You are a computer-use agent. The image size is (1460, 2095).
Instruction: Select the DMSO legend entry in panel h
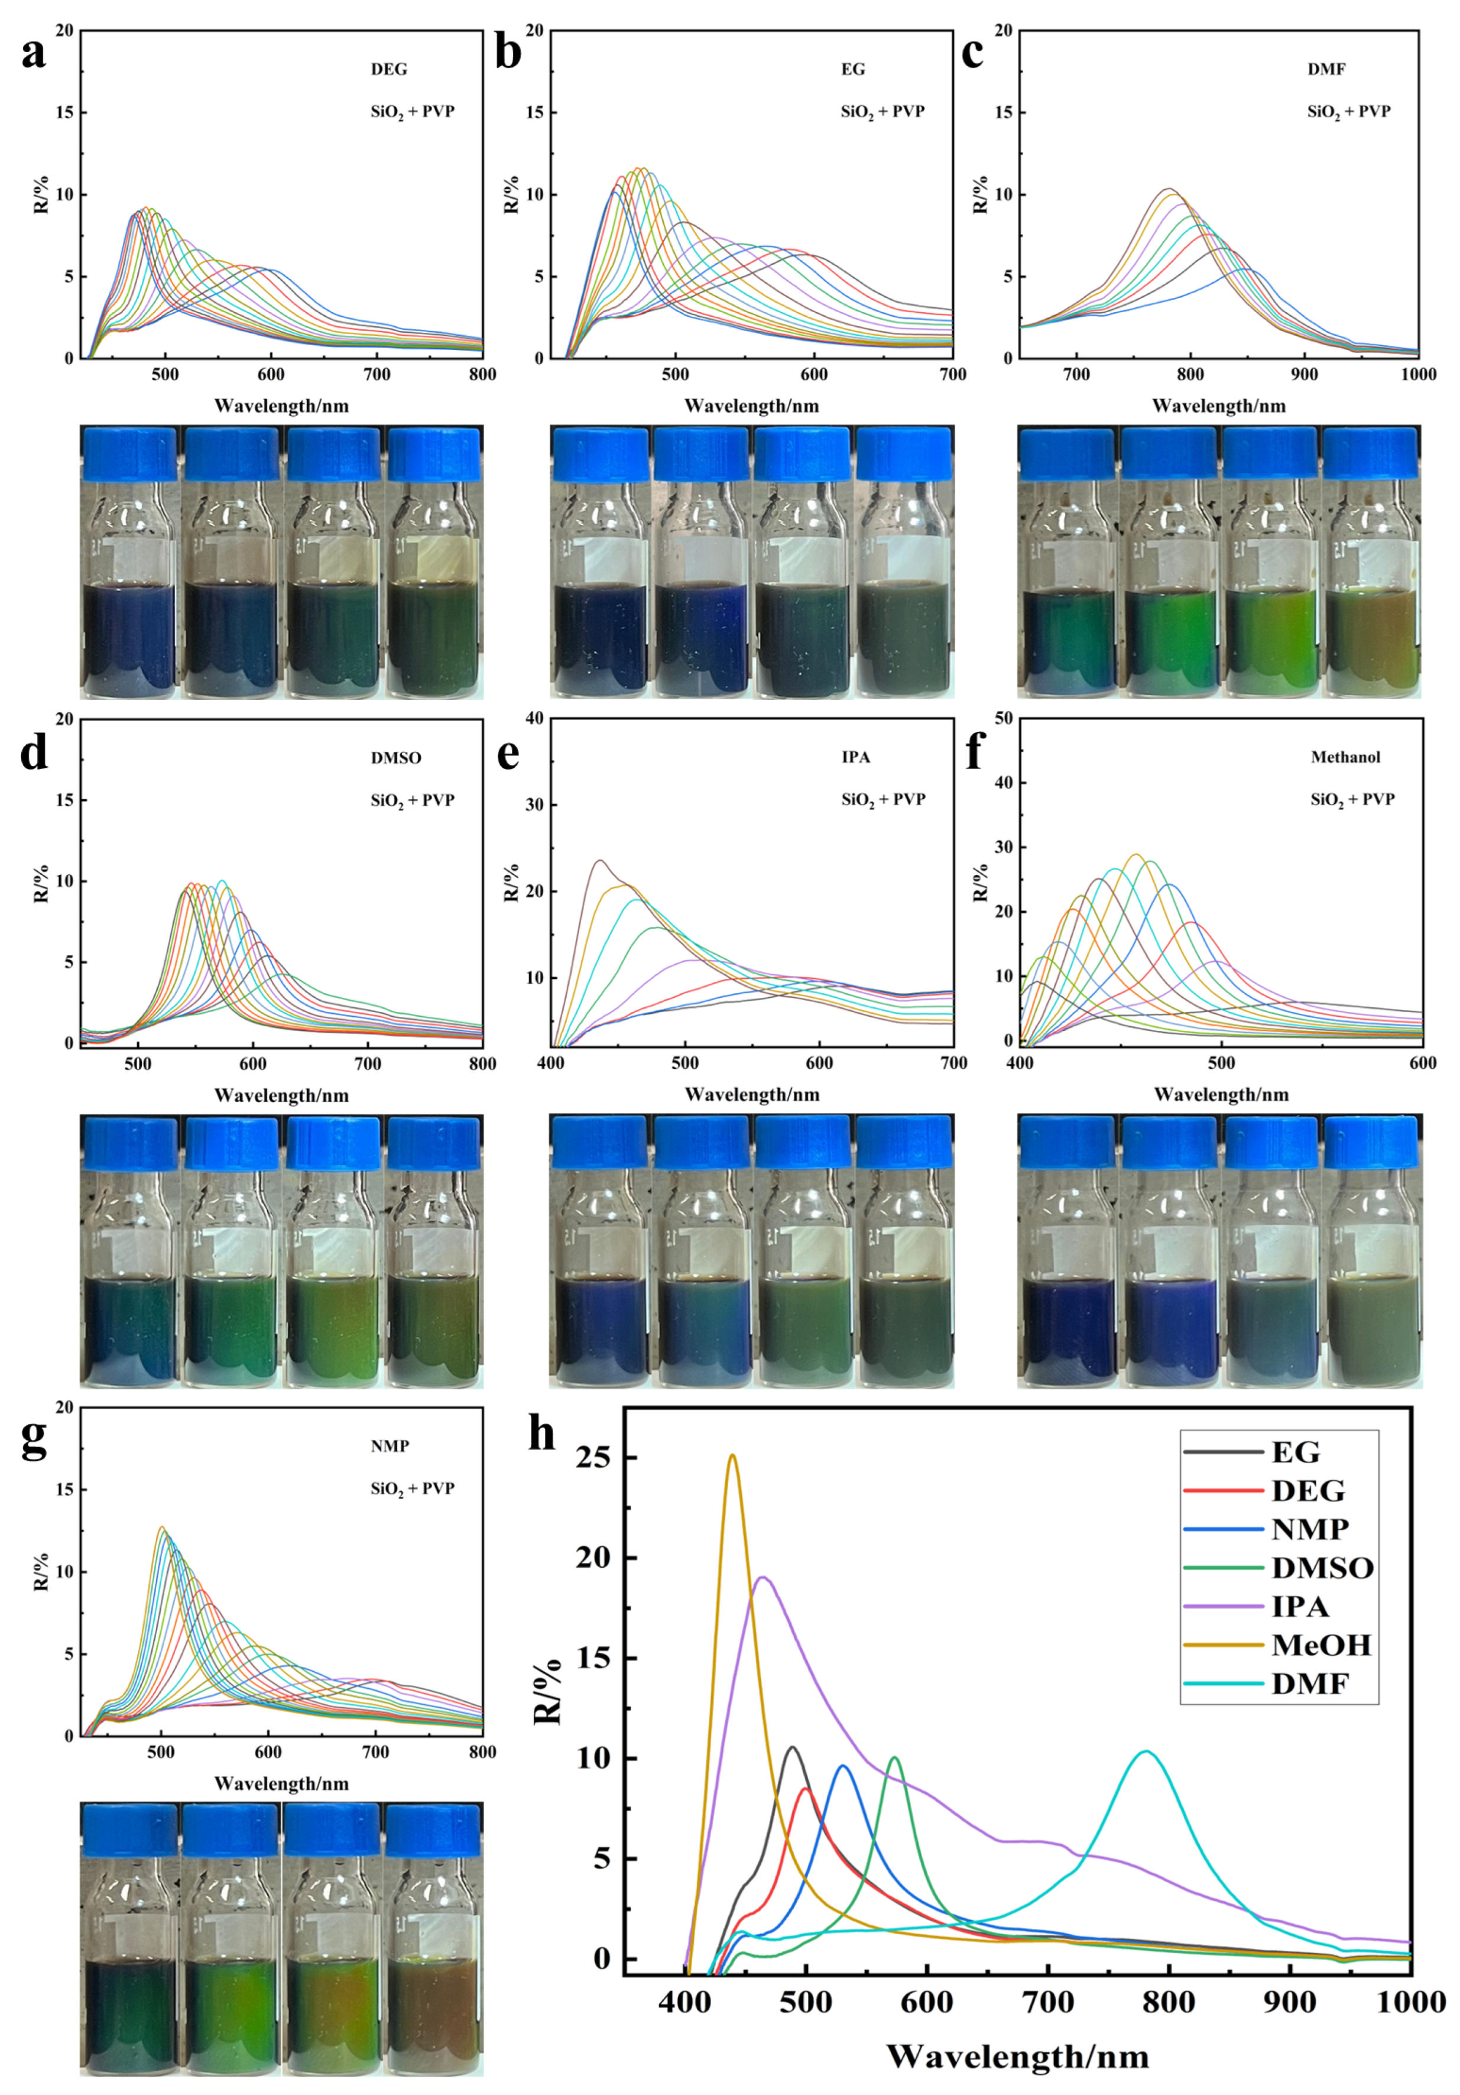(x=1321, y=1568)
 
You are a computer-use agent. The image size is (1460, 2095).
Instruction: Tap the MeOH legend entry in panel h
(x=1321, y=1645)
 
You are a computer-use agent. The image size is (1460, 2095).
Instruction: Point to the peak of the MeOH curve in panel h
(x=732, y=1457)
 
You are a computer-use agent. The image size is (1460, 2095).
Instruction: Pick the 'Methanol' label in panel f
(x=1345, y=757)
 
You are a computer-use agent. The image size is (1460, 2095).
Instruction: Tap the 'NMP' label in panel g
(x=390, y=1447)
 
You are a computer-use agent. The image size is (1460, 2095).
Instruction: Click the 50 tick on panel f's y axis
(x=1004, y=719)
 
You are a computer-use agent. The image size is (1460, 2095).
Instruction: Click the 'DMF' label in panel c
(x=1326, y=69)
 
